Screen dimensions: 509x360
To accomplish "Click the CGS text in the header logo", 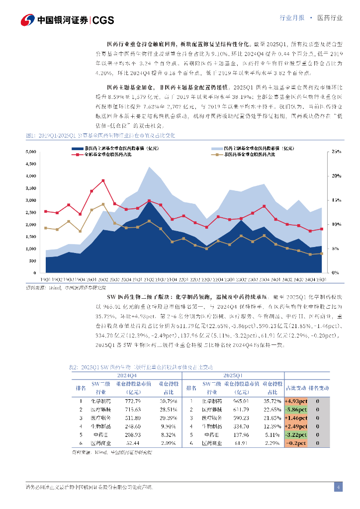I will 103,20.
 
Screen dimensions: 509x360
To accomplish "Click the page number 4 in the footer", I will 338,487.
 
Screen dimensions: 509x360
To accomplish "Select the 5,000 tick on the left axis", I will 30,152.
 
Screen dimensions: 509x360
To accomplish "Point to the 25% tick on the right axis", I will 337,152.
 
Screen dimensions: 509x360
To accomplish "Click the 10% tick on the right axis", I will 337,224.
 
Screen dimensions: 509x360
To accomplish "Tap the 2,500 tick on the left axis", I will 30,212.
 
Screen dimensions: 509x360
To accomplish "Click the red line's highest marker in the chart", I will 103,180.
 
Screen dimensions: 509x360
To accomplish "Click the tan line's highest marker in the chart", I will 103,204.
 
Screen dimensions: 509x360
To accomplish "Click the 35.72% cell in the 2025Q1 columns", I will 272,401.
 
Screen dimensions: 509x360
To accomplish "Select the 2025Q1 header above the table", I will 233,376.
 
